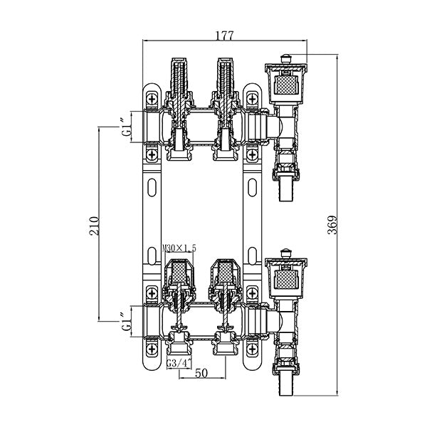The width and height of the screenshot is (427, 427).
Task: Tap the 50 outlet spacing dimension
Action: click(x=201, y=372)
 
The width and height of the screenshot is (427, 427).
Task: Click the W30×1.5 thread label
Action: click(x=179, y=247)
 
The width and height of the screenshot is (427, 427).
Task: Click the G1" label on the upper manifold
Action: click(x=126, y=128)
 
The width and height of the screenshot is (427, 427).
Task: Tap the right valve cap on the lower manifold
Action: click(x=223, y=274)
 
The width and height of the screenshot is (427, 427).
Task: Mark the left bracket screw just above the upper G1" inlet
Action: click(x=150, y=100)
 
